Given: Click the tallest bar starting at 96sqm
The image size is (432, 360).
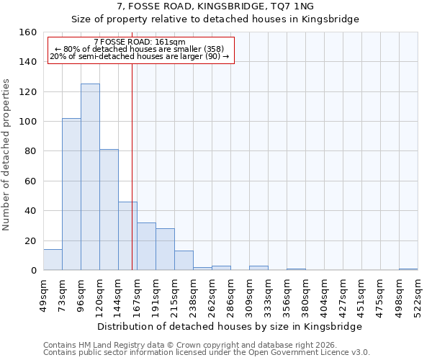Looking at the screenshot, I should click(90, 177).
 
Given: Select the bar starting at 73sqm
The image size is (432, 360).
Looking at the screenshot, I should click(71, 194).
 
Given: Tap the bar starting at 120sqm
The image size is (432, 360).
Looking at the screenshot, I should click(109, 210).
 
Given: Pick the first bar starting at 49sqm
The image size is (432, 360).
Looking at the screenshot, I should click(53, 260).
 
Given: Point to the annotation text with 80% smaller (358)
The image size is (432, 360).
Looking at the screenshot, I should click(140, 49).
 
